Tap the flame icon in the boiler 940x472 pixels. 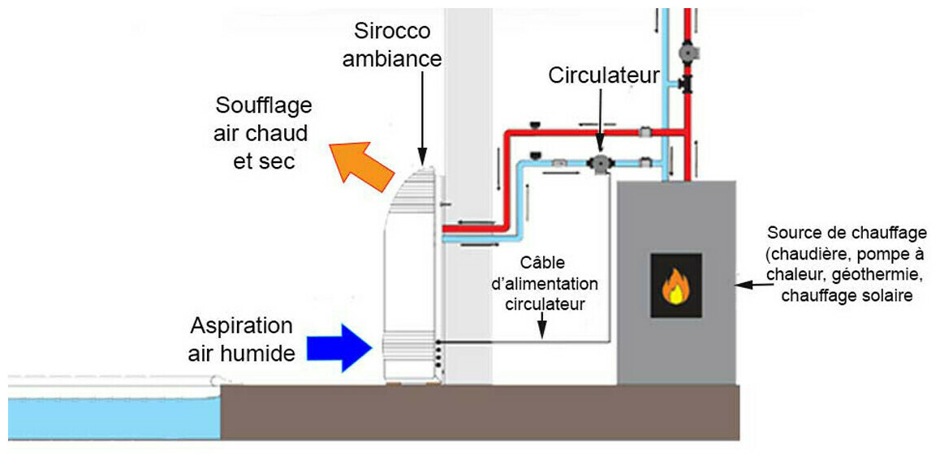pos(675,285)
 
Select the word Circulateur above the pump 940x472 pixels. pos(604,76)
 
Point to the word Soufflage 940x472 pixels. pos(264,106)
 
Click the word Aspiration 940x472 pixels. pos(241,327)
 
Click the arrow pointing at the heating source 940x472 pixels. pos(755,285)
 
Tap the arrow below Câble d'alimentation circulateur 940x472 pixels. pos(542,328)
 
